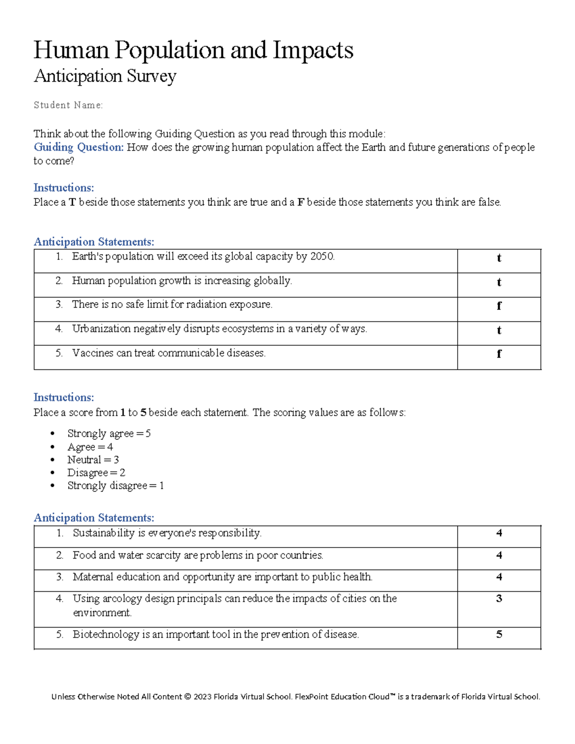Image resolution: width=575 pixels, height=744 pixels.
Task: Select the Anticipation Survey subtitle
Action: click(x=105, y=76)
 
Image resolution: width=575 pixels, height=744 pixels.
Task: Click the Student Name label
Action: click(x=68, y=105)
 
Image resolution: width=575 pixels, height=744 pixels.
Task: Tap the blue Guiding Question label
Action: click(x=79, y=148)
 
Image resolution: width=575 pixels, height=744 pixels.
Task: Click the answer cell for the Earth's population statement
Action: click(x=499, y=258)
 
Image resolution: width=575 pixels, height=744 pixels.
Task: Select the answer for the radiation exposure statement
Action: click(x=499, y=306)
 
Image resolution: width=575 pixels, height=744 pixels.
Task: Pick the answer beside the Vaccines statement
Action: click(x=499, y=354)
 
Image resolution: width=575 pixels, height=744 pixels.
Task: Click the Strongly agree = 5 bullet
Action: click(x=109, y=434)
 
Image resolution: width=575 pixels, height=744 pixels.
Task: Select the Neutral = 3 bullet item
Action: click(x=93, y=460)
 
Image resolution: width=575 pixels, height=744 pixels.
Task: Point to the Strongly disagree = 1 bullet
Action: click(x=115, y=486)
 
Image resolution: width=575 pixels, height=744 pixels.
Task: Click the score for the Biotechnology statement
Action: click(x=499, y=635)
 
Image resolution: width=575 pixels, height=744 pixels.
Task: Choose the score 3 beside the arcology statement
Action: click(x=499, y=599)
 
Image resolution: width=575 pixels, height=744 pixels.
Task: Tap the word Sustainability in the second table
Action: click(x=103, y=533)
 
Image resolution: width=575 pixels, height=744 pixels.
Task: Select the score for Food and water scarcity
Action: click(x=499, y=556)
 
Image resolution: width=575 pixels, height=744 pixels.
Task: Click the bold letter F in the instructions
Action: click(x=300, y=203)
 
